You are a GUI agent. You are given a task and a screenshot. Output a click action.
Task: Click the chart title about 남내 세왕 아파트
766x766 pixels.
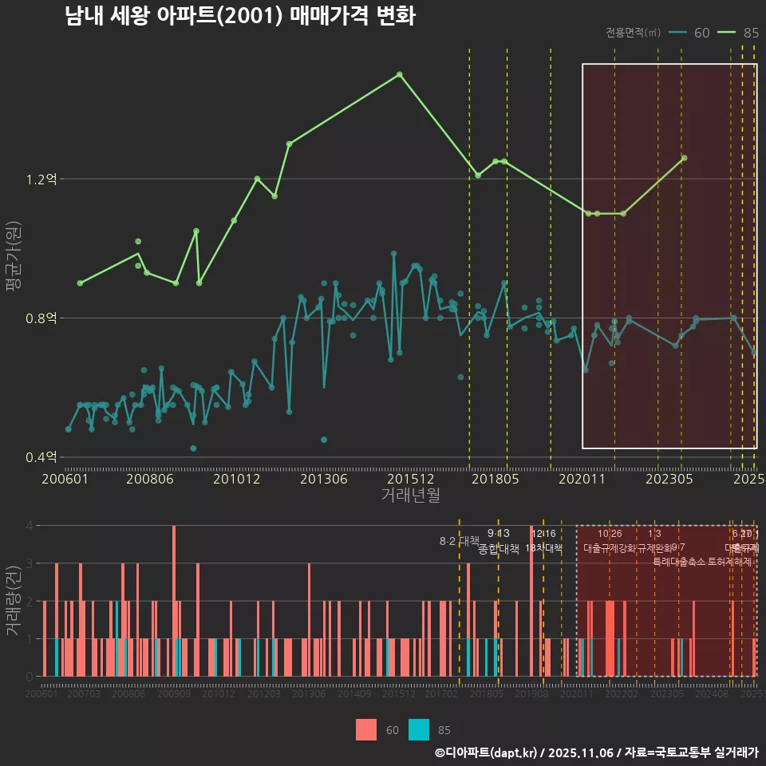(x=239, y=17)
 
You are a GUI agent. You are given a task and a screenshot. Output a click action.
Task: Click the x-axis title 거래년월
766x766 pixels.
(x=410, y=495)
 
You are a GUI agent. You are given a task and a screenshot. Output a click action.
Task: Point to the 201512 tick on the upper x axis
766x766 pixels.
(x=410, y=480)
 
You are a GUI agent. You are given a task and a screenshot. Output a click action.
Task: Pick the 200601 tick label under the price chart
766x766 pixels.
(x=65, y=480)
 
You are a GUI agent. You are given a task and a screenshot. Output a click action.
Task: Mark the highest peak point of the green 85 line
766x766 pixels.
(x=400, y=74)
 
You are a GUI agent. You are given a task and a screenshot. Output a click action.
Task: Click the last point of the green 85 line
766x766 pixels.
(x=684, y=158)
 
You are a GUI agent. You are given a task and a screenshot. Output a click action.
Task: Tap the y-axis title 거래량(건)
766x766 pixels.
(x=14, y=601)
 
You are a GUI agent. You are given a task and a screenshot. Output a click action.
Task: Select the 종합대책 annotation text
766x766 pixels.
(x=499, y=549)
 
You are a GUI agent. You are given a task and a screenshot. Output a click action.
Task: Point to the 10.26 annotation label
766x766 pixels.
(x=610, y=534)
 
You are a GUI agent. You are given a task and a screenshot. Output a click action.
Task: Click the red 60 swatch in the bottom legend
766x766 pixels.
(x=366, y=729)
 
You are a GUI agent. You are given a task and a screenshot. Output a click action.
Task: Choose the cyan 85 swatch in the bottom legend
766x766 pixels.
(x=418, y=729)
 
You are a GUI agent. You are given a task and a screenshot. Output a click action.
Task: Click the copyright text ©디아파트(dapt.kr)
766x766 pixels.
(x=488, y=752)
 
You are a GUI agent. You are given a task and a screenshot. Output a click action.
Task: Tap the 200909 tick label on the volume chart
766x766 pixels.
(x=173, y=695)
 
